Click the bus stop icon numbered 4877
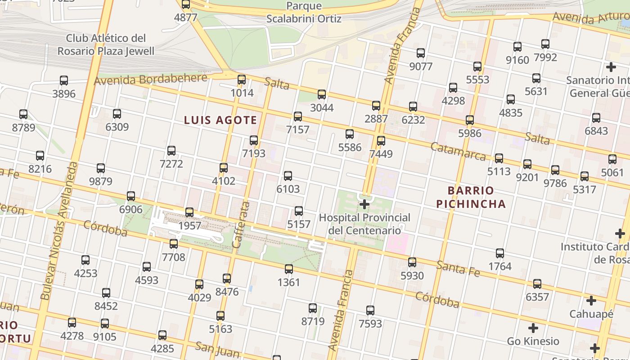click(186, 4)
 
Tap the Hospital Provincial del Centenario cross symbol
click(364, 205)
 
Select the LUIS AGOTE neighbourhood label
click(220, 120)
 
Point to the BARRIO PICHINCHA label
click(471, 197)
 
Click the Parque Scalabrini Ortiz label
click(304, 13)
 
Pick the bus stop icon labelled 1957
click(189, 212)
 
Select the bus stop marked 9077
click(421, 53)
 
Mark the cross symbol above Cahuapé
click(591, 300)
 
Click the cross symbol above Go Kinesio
click(533, 328)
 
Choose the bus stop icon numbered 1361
click(289, 269)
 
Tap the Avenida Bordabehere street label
click(150, 80)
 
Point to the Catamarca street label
click(458, 151)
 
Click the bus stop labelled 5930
click(412, 262)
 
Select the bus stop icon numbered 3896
click(64, 81)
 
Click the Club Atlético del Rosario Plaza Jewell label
click(106, 45)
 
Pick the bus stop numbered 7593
click(370, 310)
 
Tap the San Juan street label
click(217, 349)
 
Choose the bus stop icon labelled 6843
click(596, 118)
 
